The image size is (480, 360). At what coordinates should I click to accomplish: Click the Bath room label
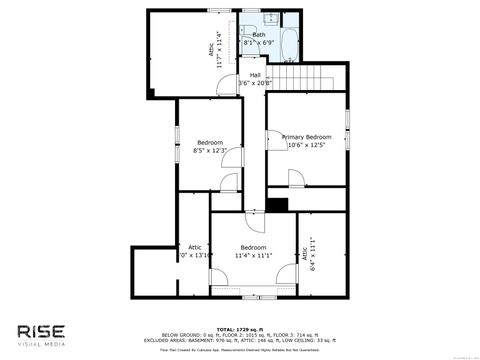tap(259, 35)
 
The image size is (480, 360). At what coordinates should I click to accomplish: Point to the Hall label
tap(255, 75)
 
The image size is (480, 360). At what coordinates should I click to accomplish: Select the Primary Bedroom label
tap(306, 136)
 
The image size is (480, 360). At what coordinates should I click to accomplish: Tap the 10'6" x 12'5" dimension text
tap(306, 145)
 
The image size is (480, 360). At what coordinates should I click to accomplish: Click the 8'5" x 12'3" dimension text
tap(210, 151)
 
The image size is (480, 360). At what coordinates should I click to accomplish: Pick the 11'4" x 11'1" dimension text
tap(254, 256)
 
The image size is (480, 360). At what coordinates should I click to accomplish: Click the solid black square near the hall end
tap(277, 205)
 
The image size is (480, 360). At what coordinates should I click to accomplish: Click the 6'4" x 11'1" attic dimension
tap(312, 255)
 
